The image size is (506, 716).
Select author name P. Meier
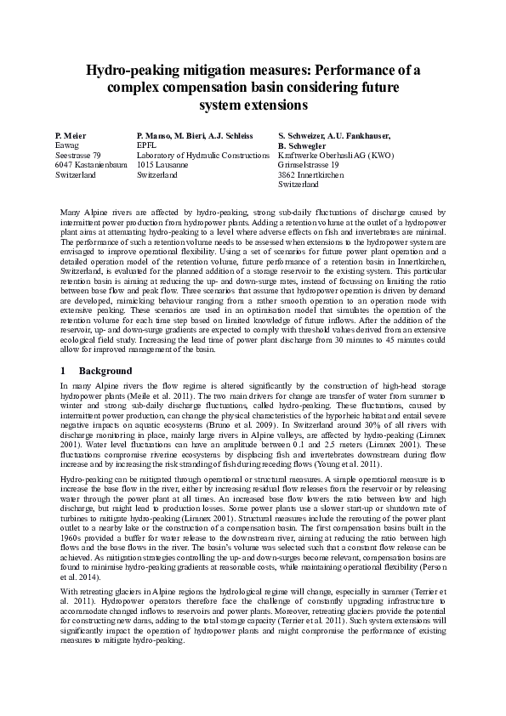pyautogui.click(x=71, y=135)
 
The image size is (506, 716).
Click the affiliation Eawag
pyautogui.click(x=66, y=145)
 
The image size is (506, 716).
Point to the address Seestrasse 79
pyautogui.click(x=78, y=156)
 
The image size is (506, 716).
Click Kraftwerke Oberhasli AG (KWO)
pyautogui.click(x=336, y=156)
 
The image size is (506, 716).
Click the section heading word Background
pyautogui.click(x=105, y=371)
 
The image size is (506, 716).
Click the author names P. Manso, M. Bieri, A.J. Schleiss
pyautogui.click(x=195, y=135)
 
